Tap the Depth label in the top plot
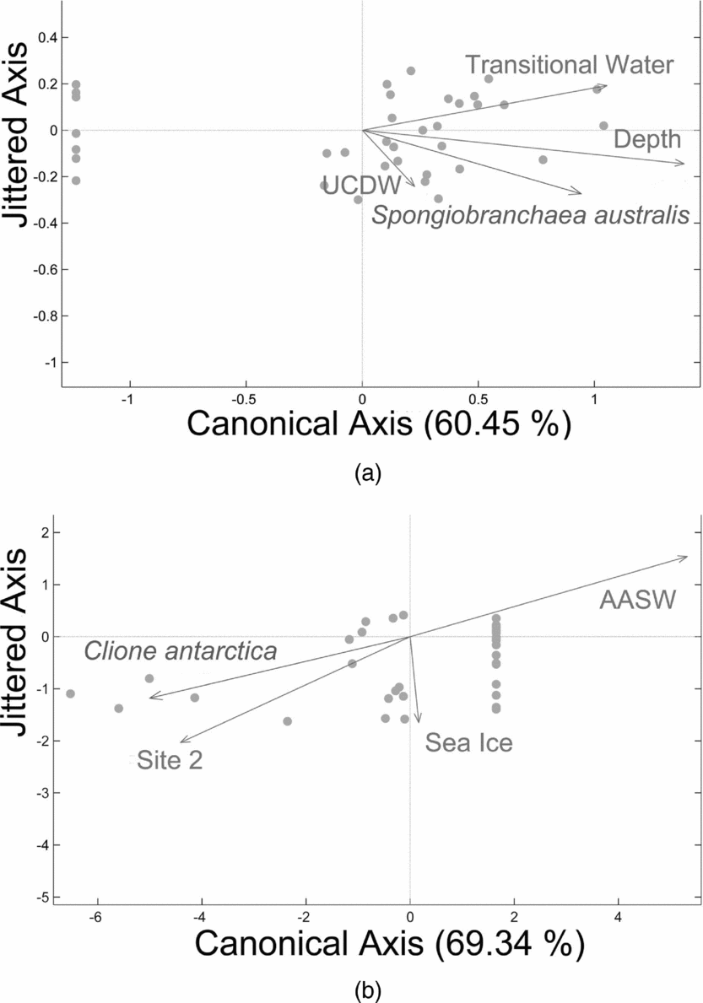[x=646, y=140]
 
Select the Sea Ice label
[x=469, y=742]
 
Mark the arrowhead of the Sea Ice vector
[x=418, y=720]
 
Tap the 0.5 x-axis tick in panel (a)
[x=478, y=397]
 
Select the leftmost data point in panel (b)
[x=71, y=693]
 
